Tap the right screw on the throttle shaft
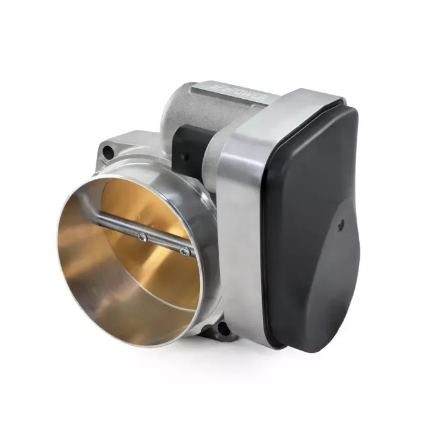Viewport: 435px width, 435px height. pyautogui.click(x=184, y=251)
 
